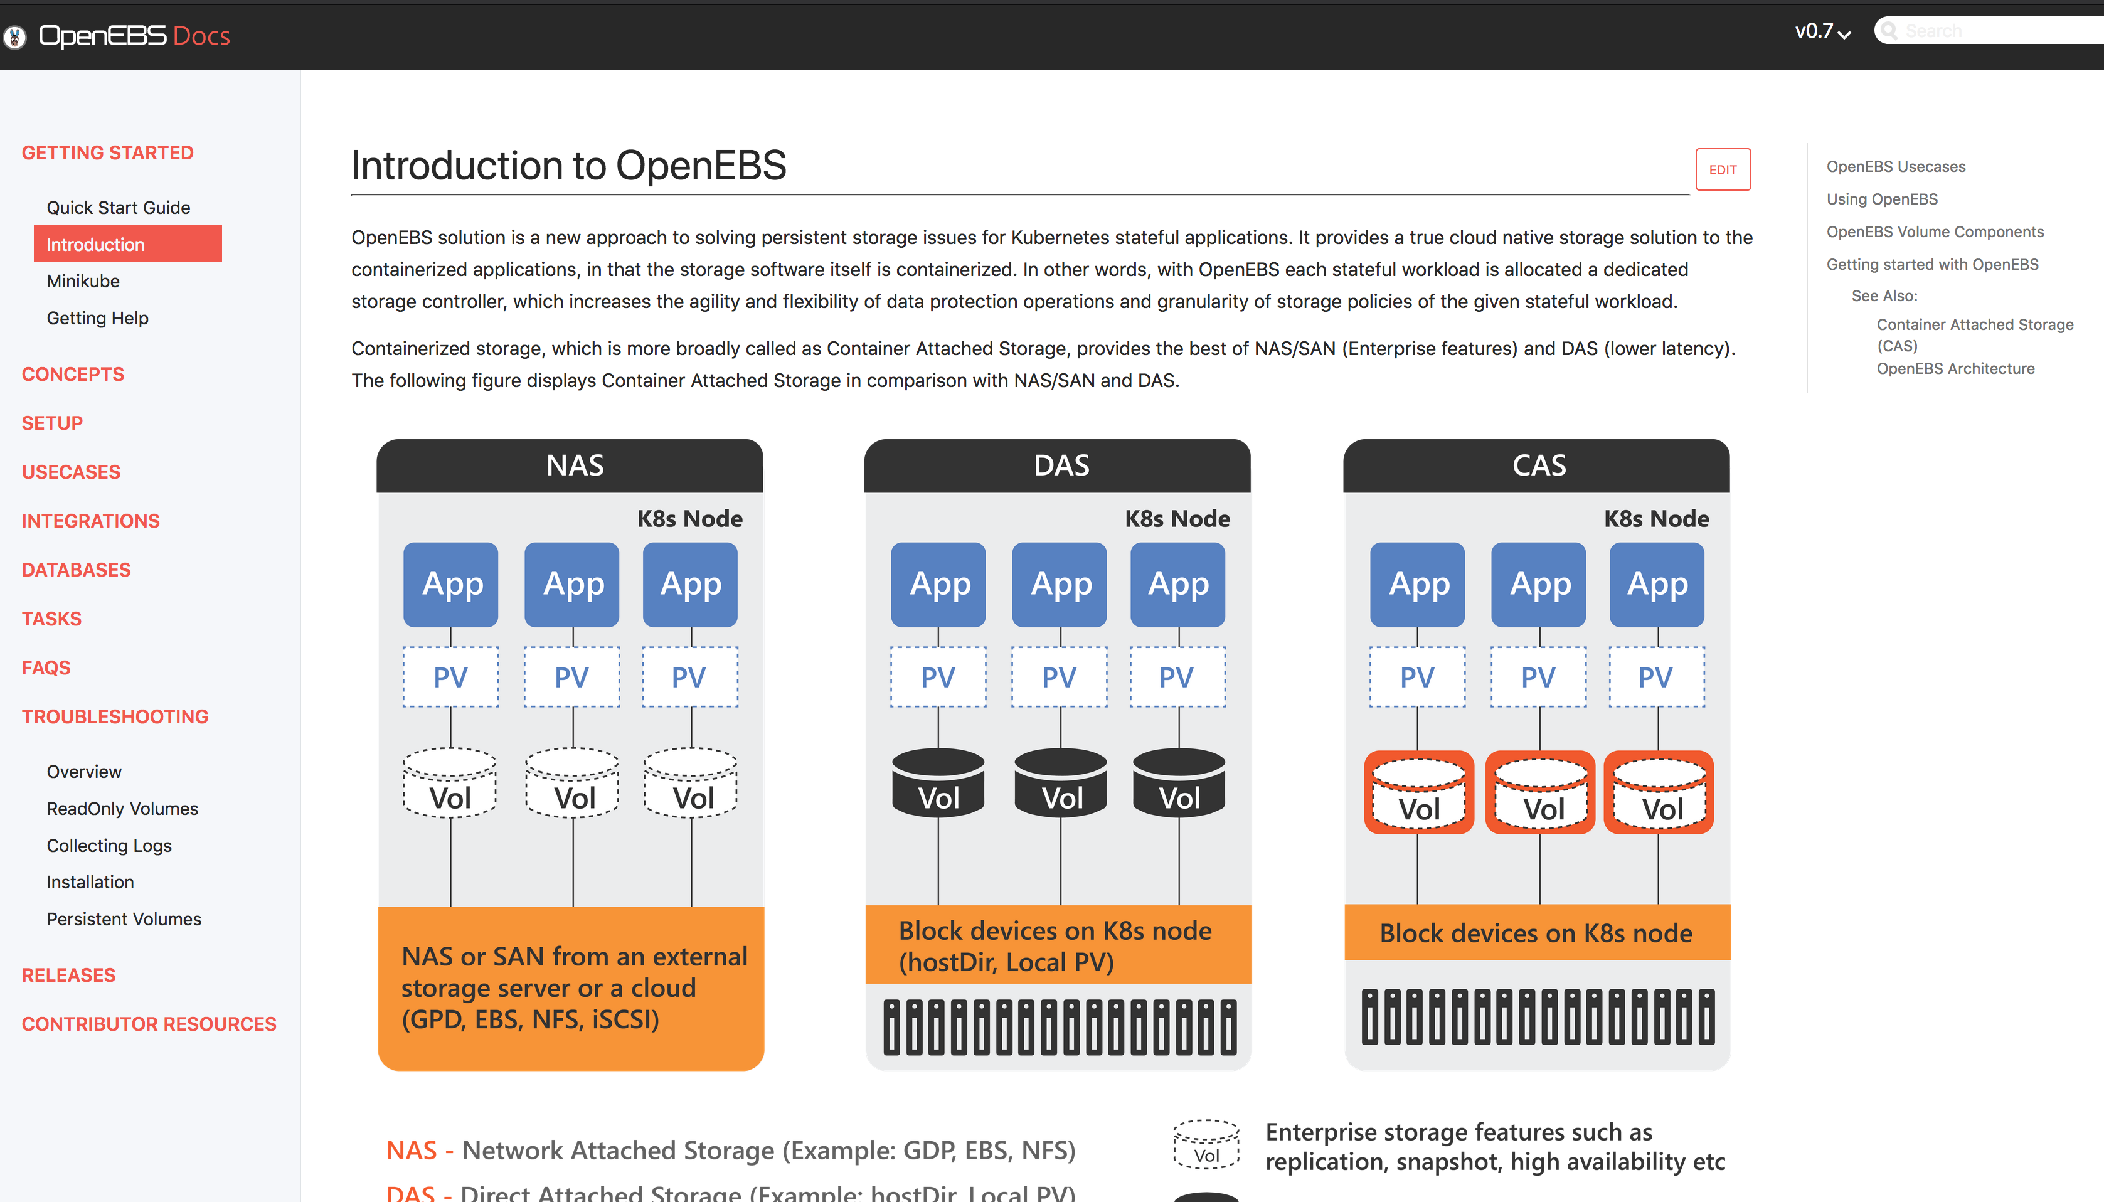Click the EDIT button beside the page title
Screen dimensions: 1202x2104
1722,169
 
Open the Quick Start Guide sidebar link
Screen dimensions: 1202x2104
118,207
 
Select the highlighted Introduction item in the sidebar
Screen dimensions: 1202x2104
127,245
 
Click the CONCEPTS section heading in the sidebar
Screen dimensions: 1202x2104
73,374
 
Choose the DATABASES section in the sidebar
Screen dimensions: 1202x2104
76,570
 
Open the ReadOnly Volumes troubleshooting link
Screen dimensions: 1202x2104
122,808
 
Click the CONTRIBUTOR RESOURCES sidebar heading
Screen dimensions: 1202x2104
149,1024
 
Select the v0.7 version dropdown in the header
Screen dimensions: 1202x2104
1822,31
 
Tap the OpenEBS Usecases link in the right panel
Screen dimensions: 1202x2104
1895,166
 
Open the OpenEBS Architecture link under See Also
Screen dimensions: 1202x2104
1955,368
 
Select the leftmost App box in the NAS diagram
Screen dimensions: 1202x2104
450,583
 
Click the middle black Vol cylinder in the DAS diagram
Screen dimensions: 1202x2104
1061,784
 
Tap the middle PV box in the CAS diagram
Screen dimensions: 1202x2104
1539,677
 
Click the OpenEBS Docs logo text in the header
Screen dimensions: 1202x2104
134,36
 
